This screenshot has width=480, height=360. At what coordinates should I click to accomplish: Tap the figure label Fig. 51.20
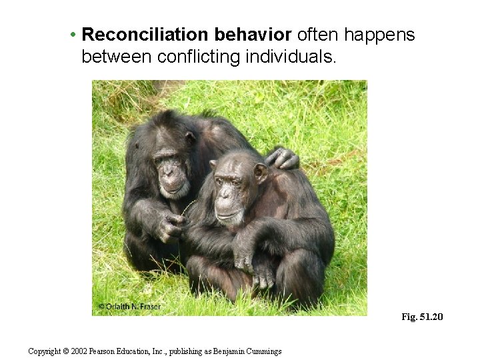pyautogui.click(x=421, y=317)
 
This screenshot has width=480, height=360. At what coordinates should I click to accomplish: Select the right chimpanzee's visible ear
pyautogui.click(x=260, y=173)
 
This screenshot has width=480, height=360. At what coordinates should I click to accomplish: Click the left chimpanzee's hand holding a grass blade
pyautogui.click(x=171, y=227)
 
